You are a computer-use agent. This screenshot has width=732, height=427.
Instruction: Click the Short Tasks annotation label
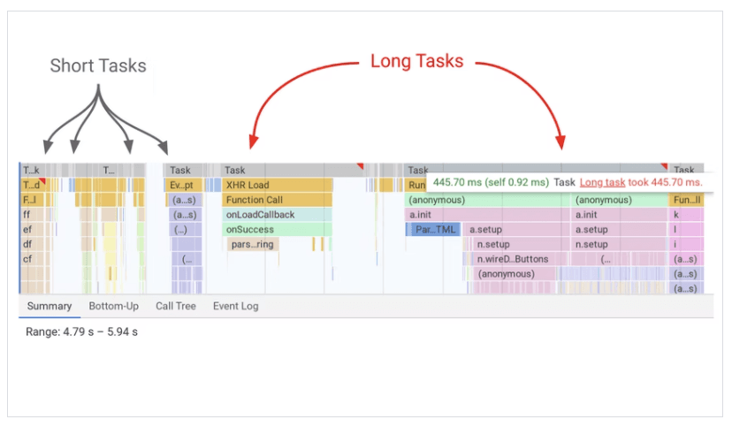[98, 66]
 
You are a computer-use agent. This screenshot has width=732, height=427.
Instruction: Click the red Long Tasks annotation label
[416, 62]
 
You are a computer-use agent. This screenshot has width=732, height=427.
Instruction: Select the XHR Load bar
[277, 185]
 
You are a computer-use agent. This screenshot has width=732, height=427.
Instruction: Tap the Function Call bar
[277, 200]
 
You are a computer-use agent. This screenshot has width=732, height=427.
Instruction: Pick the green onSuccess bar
[277, 230]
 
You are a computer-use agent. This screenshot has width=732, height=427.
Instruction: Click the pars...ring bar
[253, 244]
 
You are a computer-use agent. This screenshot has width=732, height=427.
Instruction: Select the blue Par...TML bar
[435, 230]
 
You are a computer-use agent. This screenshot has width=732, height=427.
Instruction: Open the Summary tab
[49, 307]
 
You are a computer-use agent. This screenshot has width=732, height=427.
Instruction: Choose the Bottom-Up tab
[113, 307]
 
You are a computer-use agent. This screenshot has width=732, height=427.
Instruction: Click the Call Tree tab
[175, 307]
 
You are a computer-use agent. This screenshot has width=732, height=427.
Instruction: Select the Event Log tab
[235, 307]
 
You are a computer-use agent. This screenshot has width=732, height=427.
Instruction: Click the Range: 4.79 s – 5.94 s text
[81, 332]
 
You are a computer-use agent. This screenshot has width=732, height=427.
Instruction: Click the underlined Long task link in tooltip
[601, 182]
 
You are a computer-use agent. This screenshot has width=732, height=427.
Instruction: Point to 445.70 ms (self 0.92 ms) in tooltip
[490, 182]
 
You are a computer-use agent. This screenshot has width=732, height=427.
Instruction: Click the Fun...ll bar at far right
[686, 200]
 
